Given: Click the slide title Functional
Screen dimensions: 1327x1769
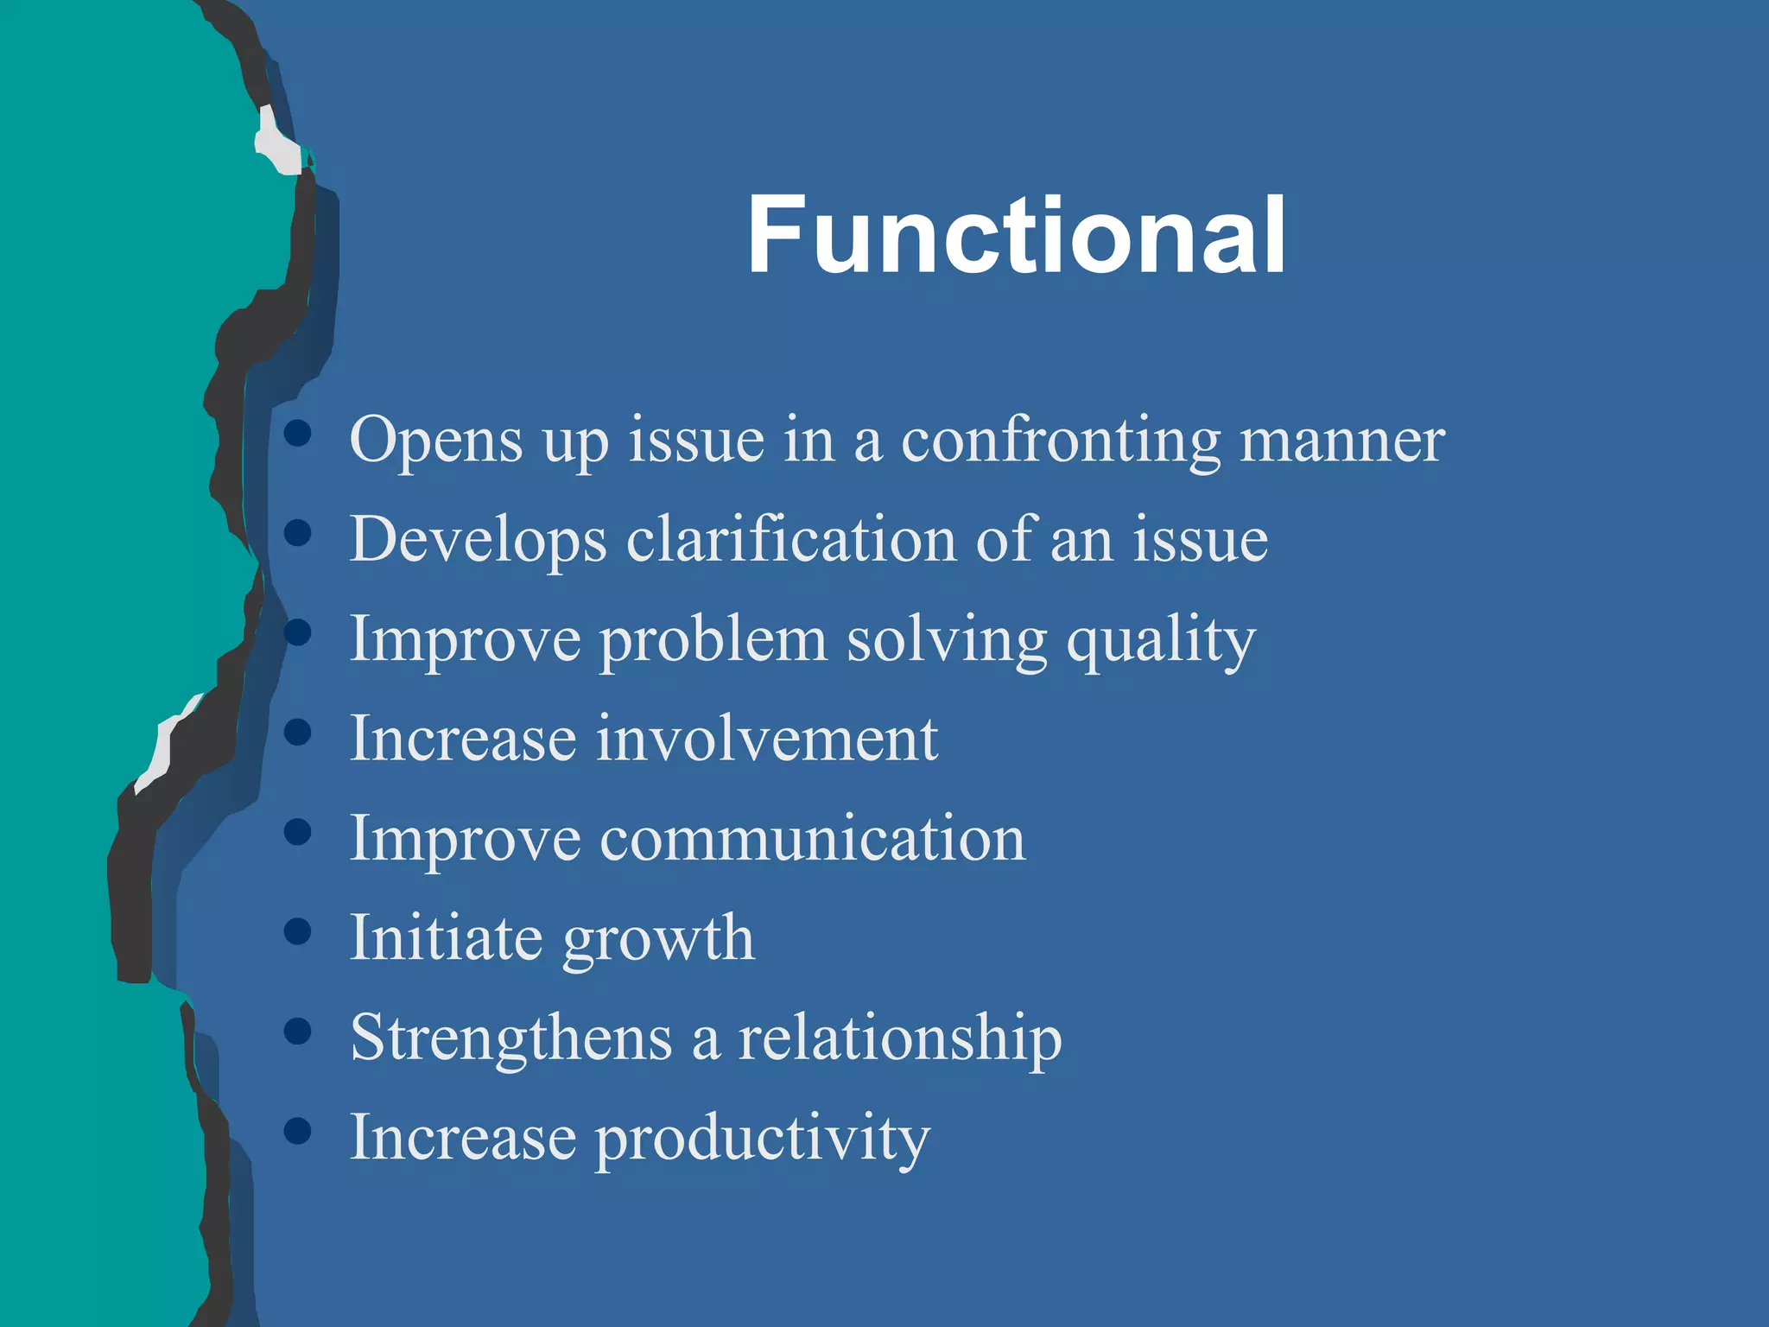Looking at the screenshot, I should pos(1017,235).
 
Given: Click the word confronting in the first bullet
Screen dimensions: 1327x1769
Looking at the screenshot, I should pos(1061,441).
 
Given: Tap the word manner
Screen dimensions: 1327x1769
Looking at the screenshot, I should pos(1341,441).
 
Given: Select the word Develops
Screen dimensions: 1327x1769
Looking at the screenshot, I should pos(478,541).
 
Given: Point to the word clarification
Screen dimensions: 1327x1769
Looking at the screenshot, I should pos(790,539).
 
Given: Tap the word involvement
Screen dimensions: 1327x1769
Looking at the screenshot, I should pos(766,739).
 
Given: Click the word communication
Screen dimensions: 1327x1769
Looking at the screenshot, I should pos(812,839).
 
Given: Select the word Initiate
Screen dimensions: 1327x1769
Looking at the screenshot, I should pos(446,937).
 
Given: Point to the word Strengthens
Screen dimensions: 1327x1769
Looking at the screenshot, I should pos(510,1038).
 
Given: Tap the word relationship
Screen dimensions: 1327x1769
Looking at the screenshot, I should pos(899,1038).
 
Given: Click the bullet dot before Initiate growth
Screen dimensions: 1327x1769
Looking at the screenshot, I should pos(297,931).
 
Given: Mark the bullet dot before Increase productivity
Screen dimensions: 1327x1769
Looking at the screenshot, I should pos(297,1131).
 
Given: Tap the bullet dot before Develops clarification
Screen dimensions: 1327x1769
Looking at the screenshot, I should pos(297,533).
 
